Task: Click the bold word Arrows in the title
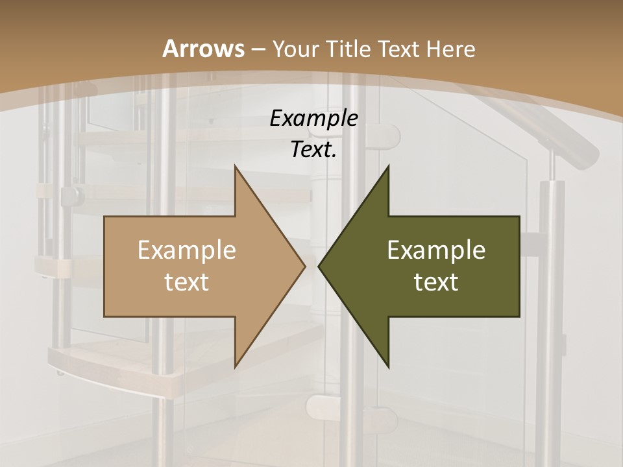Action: (203, 49)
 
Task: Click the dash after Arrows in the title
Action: (258, 49)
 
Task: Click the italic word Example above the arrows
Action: (313, 118)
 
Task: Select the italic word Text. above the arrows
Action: (313, 149)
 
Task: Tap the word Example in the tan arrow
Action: (186, 250)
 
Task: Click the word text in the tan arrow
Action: (186, 281)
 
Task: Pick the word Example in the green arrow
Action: (436, 250)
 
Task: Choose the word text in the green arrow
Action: (436, 281)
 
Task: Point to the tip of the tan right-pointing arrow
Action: (304, 266)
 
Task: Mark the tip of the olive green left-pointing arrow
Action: (319, 266)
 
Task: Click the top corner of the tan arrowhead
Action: (235, 166)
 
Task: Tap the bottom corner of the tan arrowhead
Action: (235, 366)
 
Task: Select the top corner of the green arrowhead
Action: (388, 166)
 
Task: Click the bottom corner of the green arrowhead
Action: (388, 366)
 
